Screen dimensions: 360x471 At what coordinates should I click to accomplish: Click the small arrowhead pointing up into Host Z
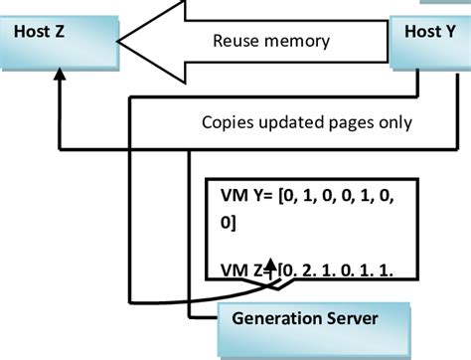(60, 77)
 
